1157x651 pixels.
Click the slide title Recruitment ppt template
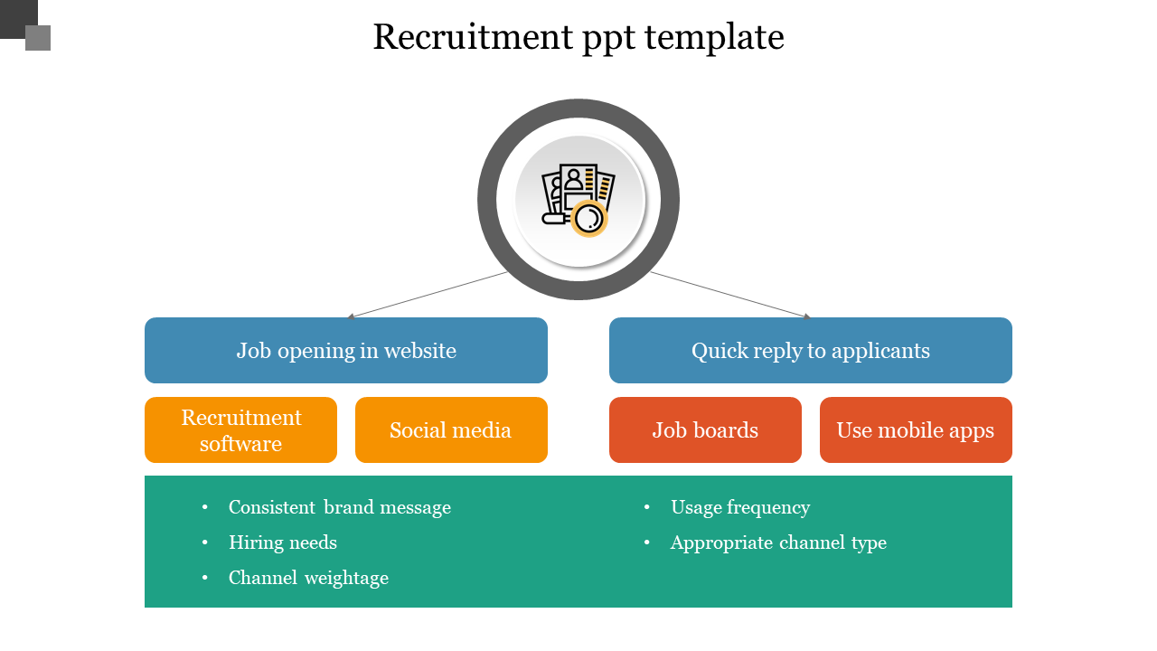coord(578,38)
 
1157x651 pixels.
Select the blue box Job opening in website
coord(346,351)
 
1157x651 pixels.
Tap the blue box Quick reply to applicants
coord(810,351)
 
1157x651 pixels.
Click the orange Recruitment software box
coord(240,430)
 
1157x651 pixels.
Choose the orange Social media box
coord(451,430)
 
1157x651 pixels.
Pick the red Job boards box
coord(705,430)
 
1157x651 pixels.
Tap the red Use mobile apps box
coord(916,430)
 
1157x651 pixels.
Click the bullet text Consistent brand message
coord(339,507)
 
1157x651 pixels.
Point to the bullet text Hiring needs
coord(283,542)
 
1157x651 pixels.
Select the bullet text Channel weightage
coord(308,578)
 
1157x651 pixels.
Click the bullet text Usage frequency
coord(739,507)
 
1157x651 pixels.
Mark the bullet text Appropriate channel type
coord(778,542)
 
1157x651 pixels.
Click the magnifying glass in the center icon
coord(589,218)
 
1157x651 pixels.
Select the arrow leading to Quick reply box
coord(730,295)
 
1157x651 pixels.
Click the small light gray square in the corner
coord(38,38)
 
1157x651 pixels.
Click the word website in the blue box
coord(419,351)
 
